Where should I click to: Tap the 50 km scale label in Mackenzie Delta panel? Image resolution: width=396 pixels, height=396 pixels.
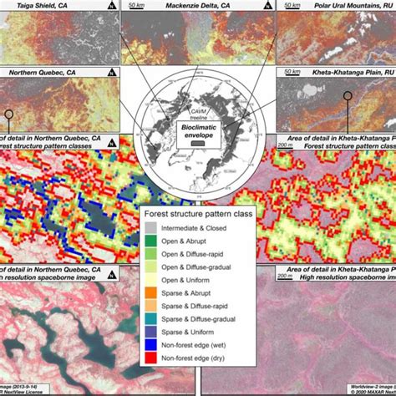pyautogui.click(x=134, y=6)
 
